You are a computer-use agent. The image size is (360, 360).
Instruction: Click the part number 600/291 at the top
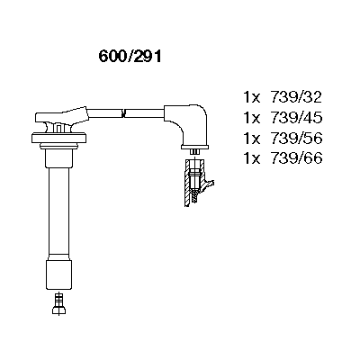[x=130, y=56]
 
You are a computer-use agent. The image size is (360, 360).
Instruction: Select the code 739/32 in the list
[x=296, y=97]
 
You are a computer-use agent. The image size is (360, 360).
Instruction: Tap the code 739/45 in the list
[x=296, y=118]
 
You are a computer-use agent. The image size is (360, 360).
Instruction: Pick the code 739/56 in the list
[x=296, y=138]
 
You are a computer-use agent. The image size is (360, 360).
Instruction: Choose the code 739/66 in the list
[x=296, y=158]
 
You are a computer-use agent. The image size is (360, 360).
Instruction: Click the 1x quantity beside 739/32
[x=251, y=97]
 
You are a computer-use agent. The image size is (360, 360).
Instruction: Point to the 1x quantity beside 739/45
[x=251, y=118]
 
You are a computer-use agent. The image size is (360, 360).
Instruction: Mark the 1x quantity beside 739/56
[x=251, y=139]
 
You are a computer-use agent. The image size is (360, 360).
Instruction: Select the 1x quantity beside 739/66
[x=251, y=158]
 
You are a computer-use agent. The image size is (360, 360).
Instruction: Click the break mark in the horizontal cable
[x=123, y=113]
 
